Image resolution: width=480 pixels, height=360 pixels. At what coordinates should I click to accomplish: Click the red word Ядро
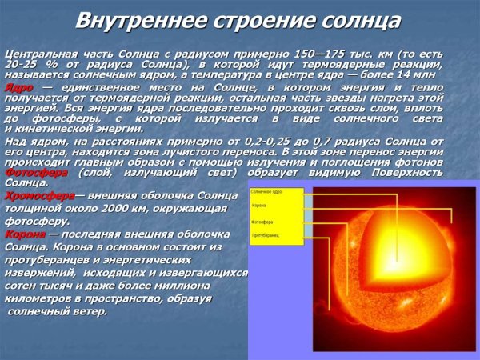point(18,86)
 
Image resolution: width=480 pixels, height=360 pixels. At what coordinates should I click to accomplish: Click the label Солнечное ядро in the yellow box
point(266,192)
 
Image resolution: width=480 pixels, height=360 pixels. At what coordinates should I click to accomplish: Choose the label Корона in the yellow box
point(259,206)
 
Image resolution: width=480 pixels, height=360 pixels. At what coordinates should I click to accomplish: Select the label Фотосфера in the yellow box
point(263,222)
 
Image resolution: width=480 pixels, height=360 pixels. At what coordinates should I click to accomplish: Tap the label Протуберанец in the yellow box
point(265,237)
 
